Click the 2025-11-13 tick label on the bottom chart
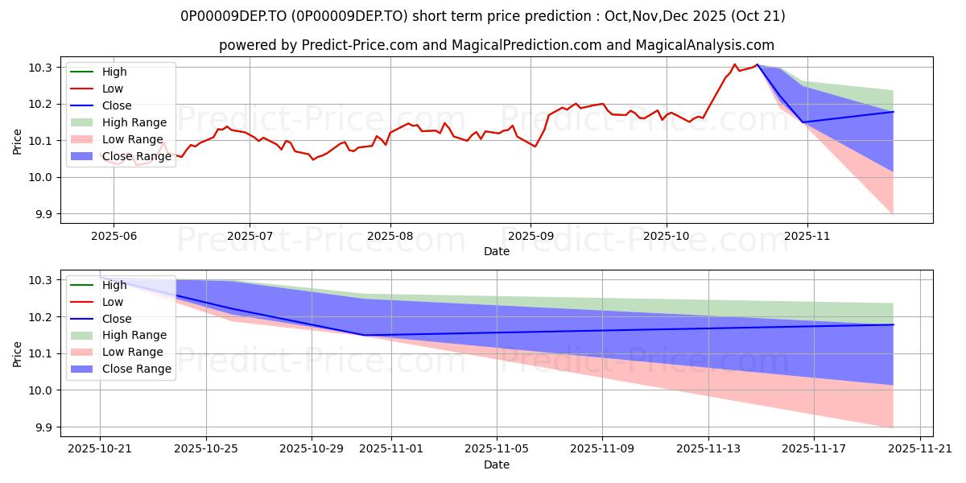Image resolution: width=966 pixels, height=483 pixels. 708,448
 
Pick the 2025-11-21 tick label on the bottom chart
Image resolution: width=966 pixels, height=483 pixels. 920,448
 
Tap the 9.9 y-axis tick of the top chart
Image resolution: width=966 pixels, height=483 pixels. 43,214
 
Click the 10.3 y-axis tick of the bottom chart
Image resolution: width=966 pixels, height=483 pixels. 43,280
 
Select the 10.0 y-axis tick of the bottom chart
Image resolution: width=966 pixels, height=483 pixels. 43,390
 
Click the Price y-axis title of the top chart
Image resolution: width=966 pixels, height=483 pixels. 18,140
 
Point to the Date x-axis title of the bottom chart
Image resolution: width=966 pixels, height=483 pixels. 496,464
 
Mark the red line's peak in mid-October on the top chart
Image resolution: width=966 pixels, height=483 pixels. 734,64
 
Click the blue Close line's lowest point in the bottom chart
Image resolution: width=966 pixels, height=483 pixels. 365,335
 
